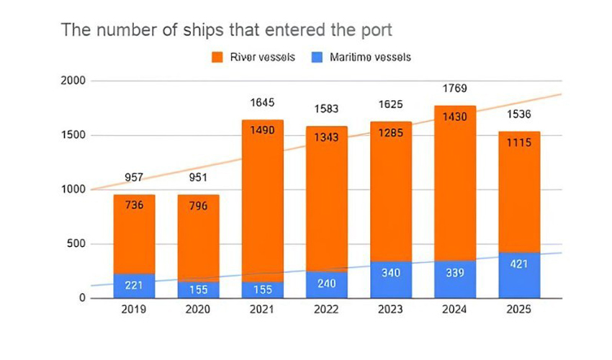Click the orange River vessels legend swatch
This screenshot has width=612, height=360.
217,57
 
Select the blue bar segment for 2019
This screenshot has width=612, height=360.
134,286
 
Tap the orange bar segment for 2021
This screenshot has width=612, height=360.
262,202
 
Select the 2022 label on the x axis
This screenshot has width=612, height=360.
327,310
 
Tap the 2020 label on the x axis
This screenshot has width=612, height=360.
198,310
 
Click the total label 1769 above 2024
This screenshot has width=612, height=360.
455,89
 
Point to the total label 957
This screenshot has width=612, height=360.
134,177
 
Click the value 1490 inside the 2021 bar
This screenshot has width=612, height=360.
262,130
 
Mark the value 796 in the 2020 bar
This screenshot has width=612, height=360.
198,206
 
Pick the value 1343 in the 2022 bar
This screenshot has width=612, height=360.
327,137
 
